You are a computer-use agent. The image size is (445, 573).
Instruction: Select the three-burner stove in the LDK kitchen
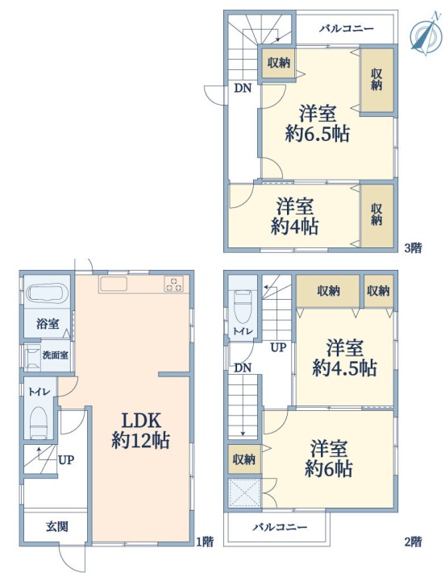174,284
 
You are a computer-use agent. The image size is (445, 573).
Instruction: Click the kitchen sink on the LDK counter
114,284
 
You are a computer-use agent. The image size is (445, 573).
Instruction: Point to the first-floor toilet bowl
39,422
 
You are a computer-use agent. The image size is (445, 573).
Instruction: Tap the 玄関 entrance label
56,526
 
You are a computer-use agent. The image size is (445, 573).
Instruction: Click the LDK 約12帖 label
141,430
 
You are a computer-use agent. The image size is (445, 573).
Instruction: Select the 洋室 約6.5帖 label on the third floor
318,123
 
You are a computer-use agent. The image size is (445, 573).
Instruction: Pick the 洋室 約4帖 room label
295,216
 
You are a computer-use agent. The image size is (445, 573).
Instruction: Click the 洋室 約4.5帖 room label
344,358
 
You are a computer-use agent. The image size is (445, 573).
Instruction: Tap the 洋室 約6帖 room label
329,459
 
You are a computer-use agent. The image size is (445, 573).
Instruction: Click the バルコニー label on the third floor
347,28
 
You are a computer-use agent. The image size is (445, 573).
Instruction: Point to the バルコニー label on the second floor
280,527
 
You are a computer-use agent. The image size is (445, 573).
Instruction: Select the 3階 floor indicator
414,248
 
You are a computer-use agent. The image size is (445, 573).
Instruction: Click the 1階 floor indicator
205,542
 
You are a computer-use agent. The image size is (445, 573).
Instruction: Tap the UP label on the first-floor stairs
66,459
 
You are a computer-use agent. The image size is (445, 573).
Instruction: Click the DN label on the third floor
243,88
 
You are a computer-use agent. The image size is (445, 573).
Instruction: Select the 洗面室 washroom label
55,355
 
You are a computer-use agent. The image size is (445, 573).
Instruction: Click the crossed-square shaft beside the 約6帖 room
244,493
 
